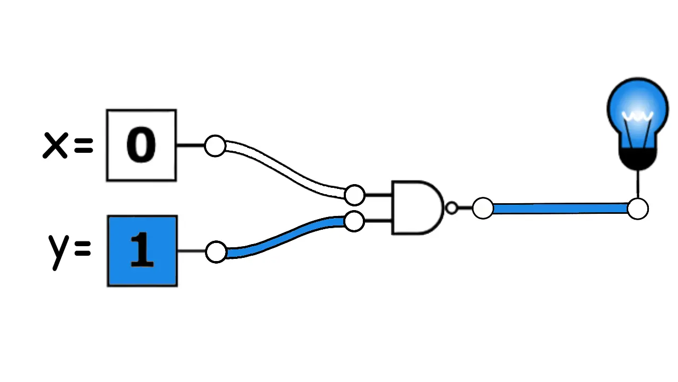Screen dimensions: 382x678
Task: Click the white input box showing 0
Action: pos(141,145)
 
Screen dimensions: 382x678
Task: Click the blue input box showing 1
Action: pos(142,251)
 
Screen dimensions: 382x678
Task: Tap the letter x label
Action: pos(56,145)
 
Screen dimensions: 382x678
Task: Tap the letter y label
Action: pos(58,249)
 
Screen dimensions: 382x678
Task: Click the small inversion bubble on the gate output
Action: pos(451,208)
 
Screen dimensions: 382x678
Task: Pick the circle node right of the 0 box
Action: pos(215,145)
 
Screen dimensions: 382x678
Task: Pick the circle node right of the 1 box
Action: pos(216,252)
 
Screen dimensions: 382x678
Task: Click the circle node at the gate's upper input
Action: pos(354,195)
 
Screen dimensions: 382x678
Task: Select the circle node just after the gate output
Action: pos(483,209)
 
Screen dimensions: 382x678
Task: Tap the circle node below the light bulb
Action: pos(638,209)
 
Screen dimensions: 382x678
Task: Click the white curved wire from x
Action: pos(281,169)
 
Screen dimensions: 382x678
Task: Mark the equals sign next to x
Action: pos(84,145)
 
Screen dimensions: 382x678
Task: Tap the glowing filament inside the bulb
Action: pos(637,117)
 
